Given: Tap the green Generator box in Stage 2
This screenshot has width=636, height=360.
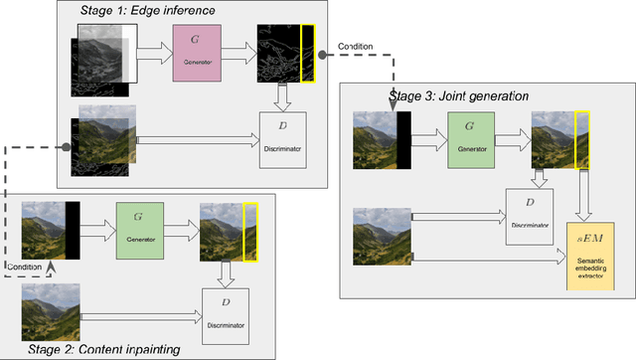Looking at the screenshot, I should (145, 228).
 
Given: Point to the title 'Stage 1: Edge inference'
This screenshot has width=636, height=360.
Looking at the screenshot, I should (150, 11).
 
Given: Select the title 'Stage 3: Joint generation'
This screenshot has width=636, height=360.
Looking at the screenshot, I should (459, 96).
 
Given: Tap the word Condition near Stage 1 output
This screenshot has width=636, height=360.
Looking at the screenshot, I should (356, 46).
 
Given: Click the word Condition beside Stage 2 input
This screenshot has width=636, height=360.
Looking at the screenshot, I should (24, 267).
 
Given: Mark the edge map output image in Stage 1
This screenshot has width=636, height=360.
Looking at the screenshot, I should (284, 51).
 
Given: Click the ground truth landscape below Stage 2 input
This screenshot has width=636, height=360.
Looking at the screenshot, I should (50, 307).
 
